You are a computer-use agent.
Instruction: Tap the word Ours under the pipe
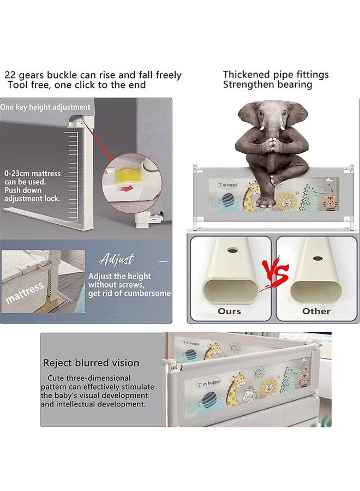229,312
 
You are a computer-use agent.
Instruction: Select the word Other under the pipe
316,312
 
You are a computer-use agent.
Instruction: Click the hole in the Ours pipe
232,250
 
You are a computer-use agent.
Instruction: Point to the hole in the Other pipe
318,259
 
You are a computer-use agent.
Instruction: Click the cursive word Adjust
116,259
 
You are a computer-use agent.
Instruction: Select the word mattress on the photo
25,293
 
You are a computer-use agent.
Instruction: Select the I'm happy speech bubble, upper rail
228,185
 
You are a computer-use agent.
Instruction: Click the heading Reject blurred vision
91,363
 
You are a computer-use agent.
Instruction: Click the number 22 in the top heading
10,75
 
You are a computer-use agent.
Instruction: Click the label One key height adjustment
45,107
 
